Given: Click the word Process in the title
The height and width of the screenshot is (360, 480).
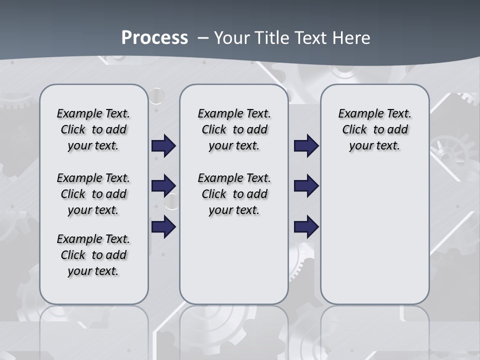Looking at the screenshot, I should [x=154, y=37].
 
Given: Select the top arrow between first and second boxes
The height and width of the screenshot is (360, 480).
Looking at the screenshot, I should [x=163, y=146].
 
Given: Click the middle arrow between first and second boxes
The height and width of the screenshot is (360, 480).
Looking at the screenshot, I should [x=163, y=186].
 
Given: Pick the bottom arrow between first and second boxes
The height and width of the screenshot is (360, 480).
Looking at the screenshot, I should [x=163, y=227].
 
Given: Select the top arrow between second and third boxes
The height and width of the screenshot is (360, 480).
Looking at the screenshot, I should [x=306, y=146].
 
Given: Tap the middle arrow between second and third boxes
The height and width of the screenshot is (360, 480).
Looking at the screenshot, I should [x=306, y=186].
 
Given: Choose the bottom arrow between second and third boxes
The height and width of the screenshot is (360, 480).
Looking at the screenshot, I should [x=306, y=227].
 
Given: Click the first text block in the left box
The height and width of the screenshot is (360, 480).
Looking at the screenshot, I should [x=93, y=129].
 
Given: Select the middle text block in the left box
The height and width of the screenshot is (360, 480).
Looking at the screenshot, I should [x=93, y=194].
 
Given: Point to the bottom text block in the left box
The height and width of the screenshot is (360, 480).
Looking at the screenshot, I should [x=93, y=255].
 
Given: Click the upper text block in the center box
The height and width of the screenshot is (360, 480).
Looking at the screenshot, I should [x=234, y=129].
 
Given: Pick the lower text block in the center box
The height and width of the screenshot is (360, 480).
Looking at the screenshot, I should [x=234, y=194].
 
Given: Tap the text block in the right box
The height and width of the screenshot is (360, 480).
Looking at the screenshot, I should [x=374, y=129].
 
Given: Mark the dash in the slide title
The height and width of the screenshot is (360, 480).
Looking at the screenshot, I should [x=203, y=38].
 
